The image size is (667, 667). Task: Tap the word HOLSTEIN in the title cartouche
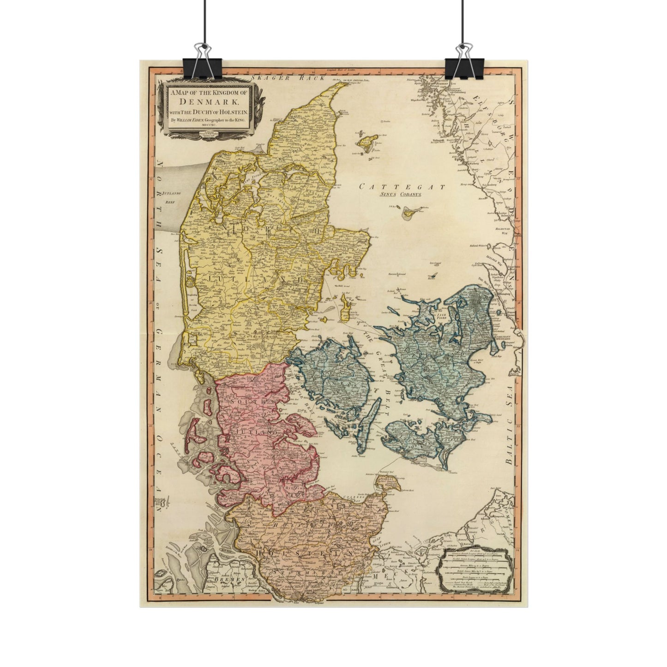coord(234,112)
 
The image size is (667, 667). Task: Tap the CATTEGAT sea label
coord(403,187)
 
